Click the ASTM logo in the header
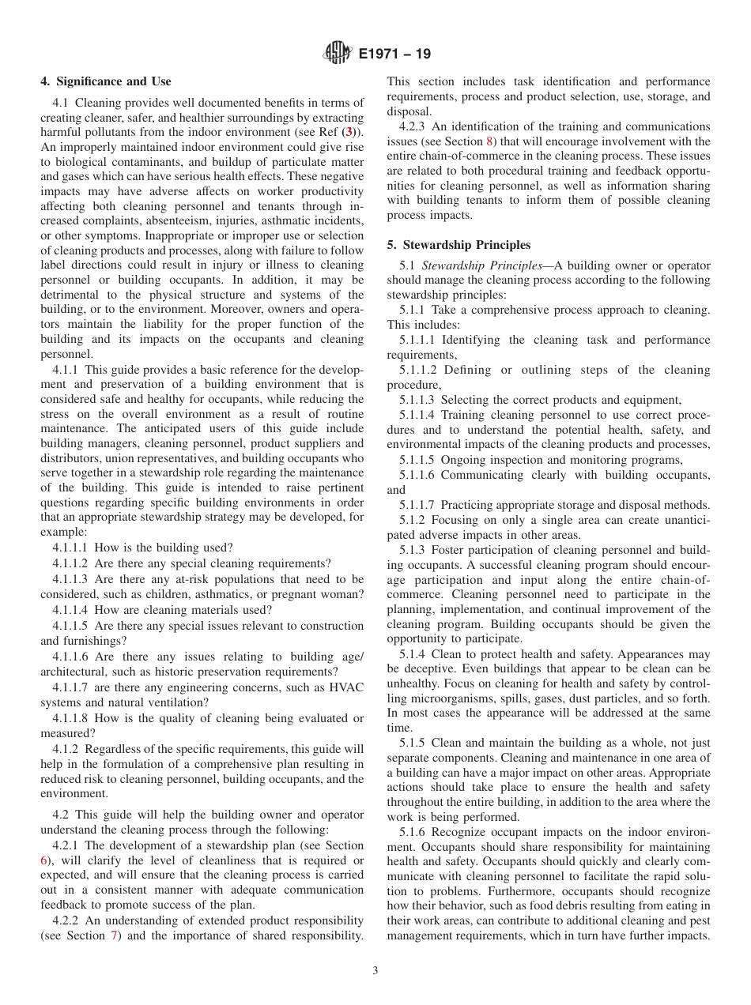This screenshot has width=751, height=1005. click(338, 55)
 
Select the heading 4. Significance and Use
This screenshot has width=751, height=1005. click(106, 81)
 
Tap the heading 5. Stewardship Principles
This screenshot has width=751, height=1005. click(459, 245)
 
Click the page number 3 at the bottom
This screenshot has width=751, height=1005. click(375, 971)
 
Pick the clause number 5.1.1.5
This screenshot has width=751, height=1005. click(417, 460)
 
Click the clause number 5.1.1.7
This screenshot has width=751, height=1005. click(417, 505)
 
